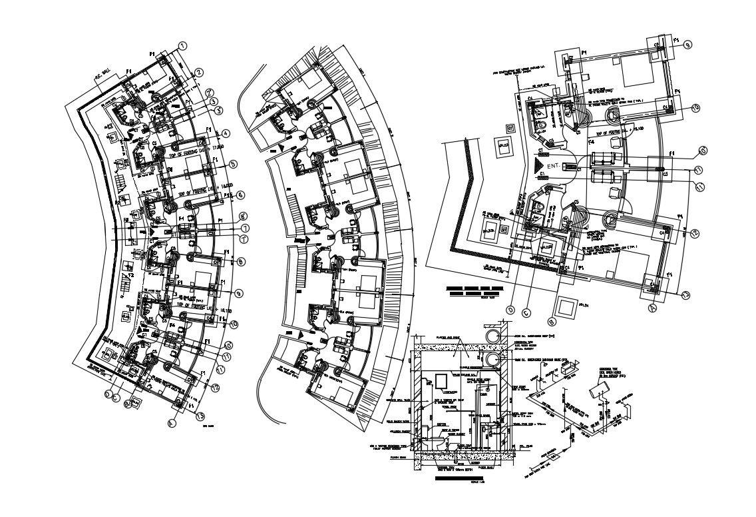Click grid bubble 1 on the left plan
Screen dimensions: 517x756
click(181, 46)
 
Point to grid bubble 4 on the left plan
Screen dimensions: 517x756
click(226, 133)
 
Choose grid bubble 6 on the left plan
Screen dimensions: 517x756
click(240, 195)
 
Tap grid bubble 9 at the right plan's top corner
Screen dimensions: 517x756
click(687, 45)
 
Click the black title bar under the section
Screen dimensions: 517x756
click(459, 478)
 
